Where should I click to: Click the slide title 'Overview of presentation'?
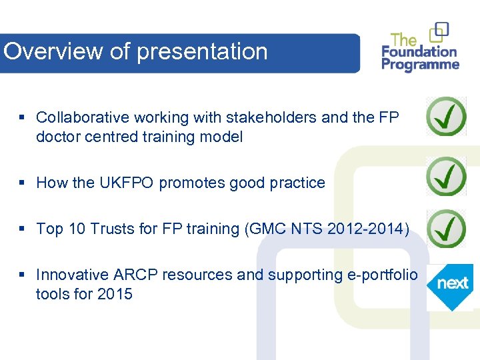[x=135, y=52]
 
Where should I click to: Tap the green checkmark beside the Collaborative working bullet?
[x=446, y=116]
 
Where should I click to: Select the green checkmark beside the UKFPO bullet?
[x=446, y=177]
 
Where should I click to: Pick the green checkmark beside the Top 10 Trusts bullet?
[x=446, y=229]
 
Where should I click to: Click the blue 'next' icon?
[x=451, y=284]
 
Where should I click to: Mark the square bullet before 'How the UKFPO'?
[x=22, y=183]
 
